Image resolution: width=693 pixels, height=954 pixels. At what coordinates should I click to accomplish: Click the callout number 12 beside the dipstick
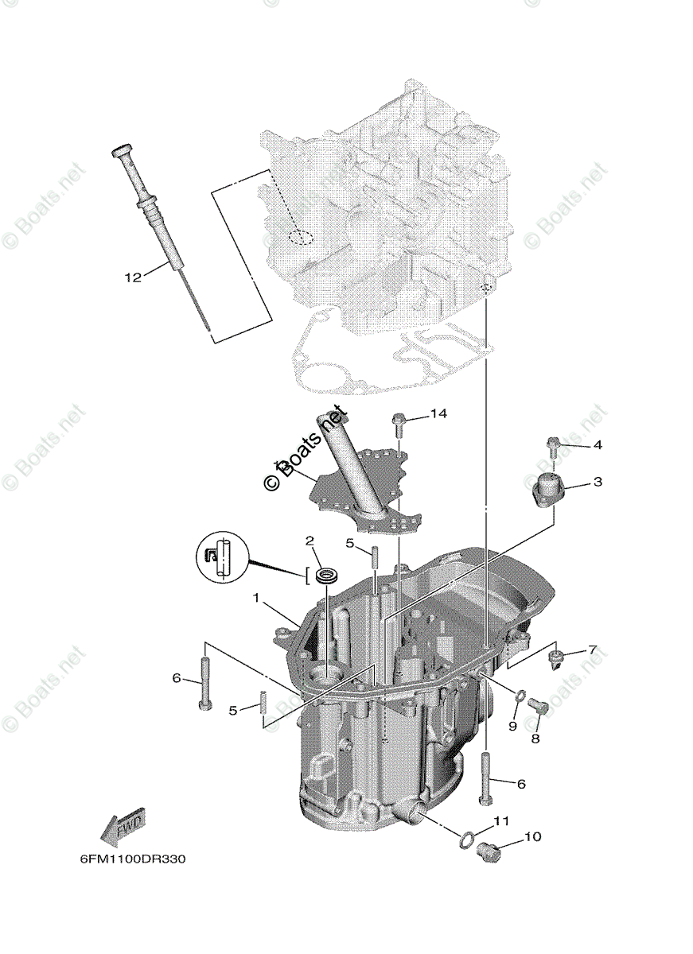[x=132, y=277]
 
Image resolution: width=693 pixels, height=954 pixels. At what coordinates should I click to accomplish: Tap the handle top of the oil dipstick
[x=122, y=150]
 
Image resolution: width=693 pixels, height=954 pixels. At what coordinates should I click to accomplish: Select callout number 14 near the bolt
[x=438, y=413]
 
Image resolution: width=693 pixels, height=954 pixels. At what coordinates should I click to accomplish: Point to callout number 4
[x=597, y=445]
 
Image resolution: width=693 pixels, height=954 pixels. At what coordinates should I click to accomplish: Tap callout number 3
[x=597, y=483]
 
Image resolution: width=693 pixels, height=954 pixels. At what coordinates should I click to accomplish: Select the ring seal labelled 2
[x=325, y=574]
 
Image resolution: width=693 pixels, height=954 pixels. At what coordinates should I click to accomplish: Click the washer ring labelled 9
[x=518, y=697]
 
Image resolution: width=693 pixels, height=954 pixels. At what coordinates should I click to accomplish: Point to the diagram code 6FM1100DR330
[x=132, y=859]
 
